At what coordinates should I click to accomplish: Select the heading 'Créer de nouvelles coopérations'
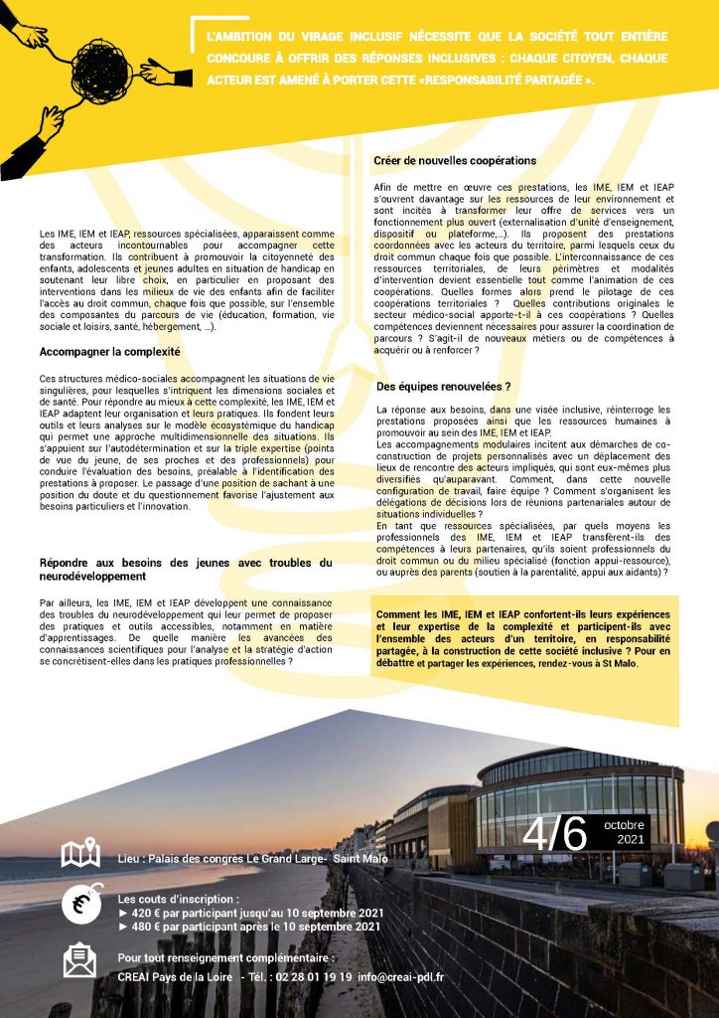(x=455, y=160)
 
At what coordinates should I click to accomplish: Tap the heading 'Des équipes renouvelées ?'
(x=444, y=386)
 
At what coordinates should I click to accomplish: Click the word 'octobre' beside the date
(x=624, y=824)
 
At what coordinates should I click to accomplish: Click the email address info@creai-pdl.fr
(x=401, y=977)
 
